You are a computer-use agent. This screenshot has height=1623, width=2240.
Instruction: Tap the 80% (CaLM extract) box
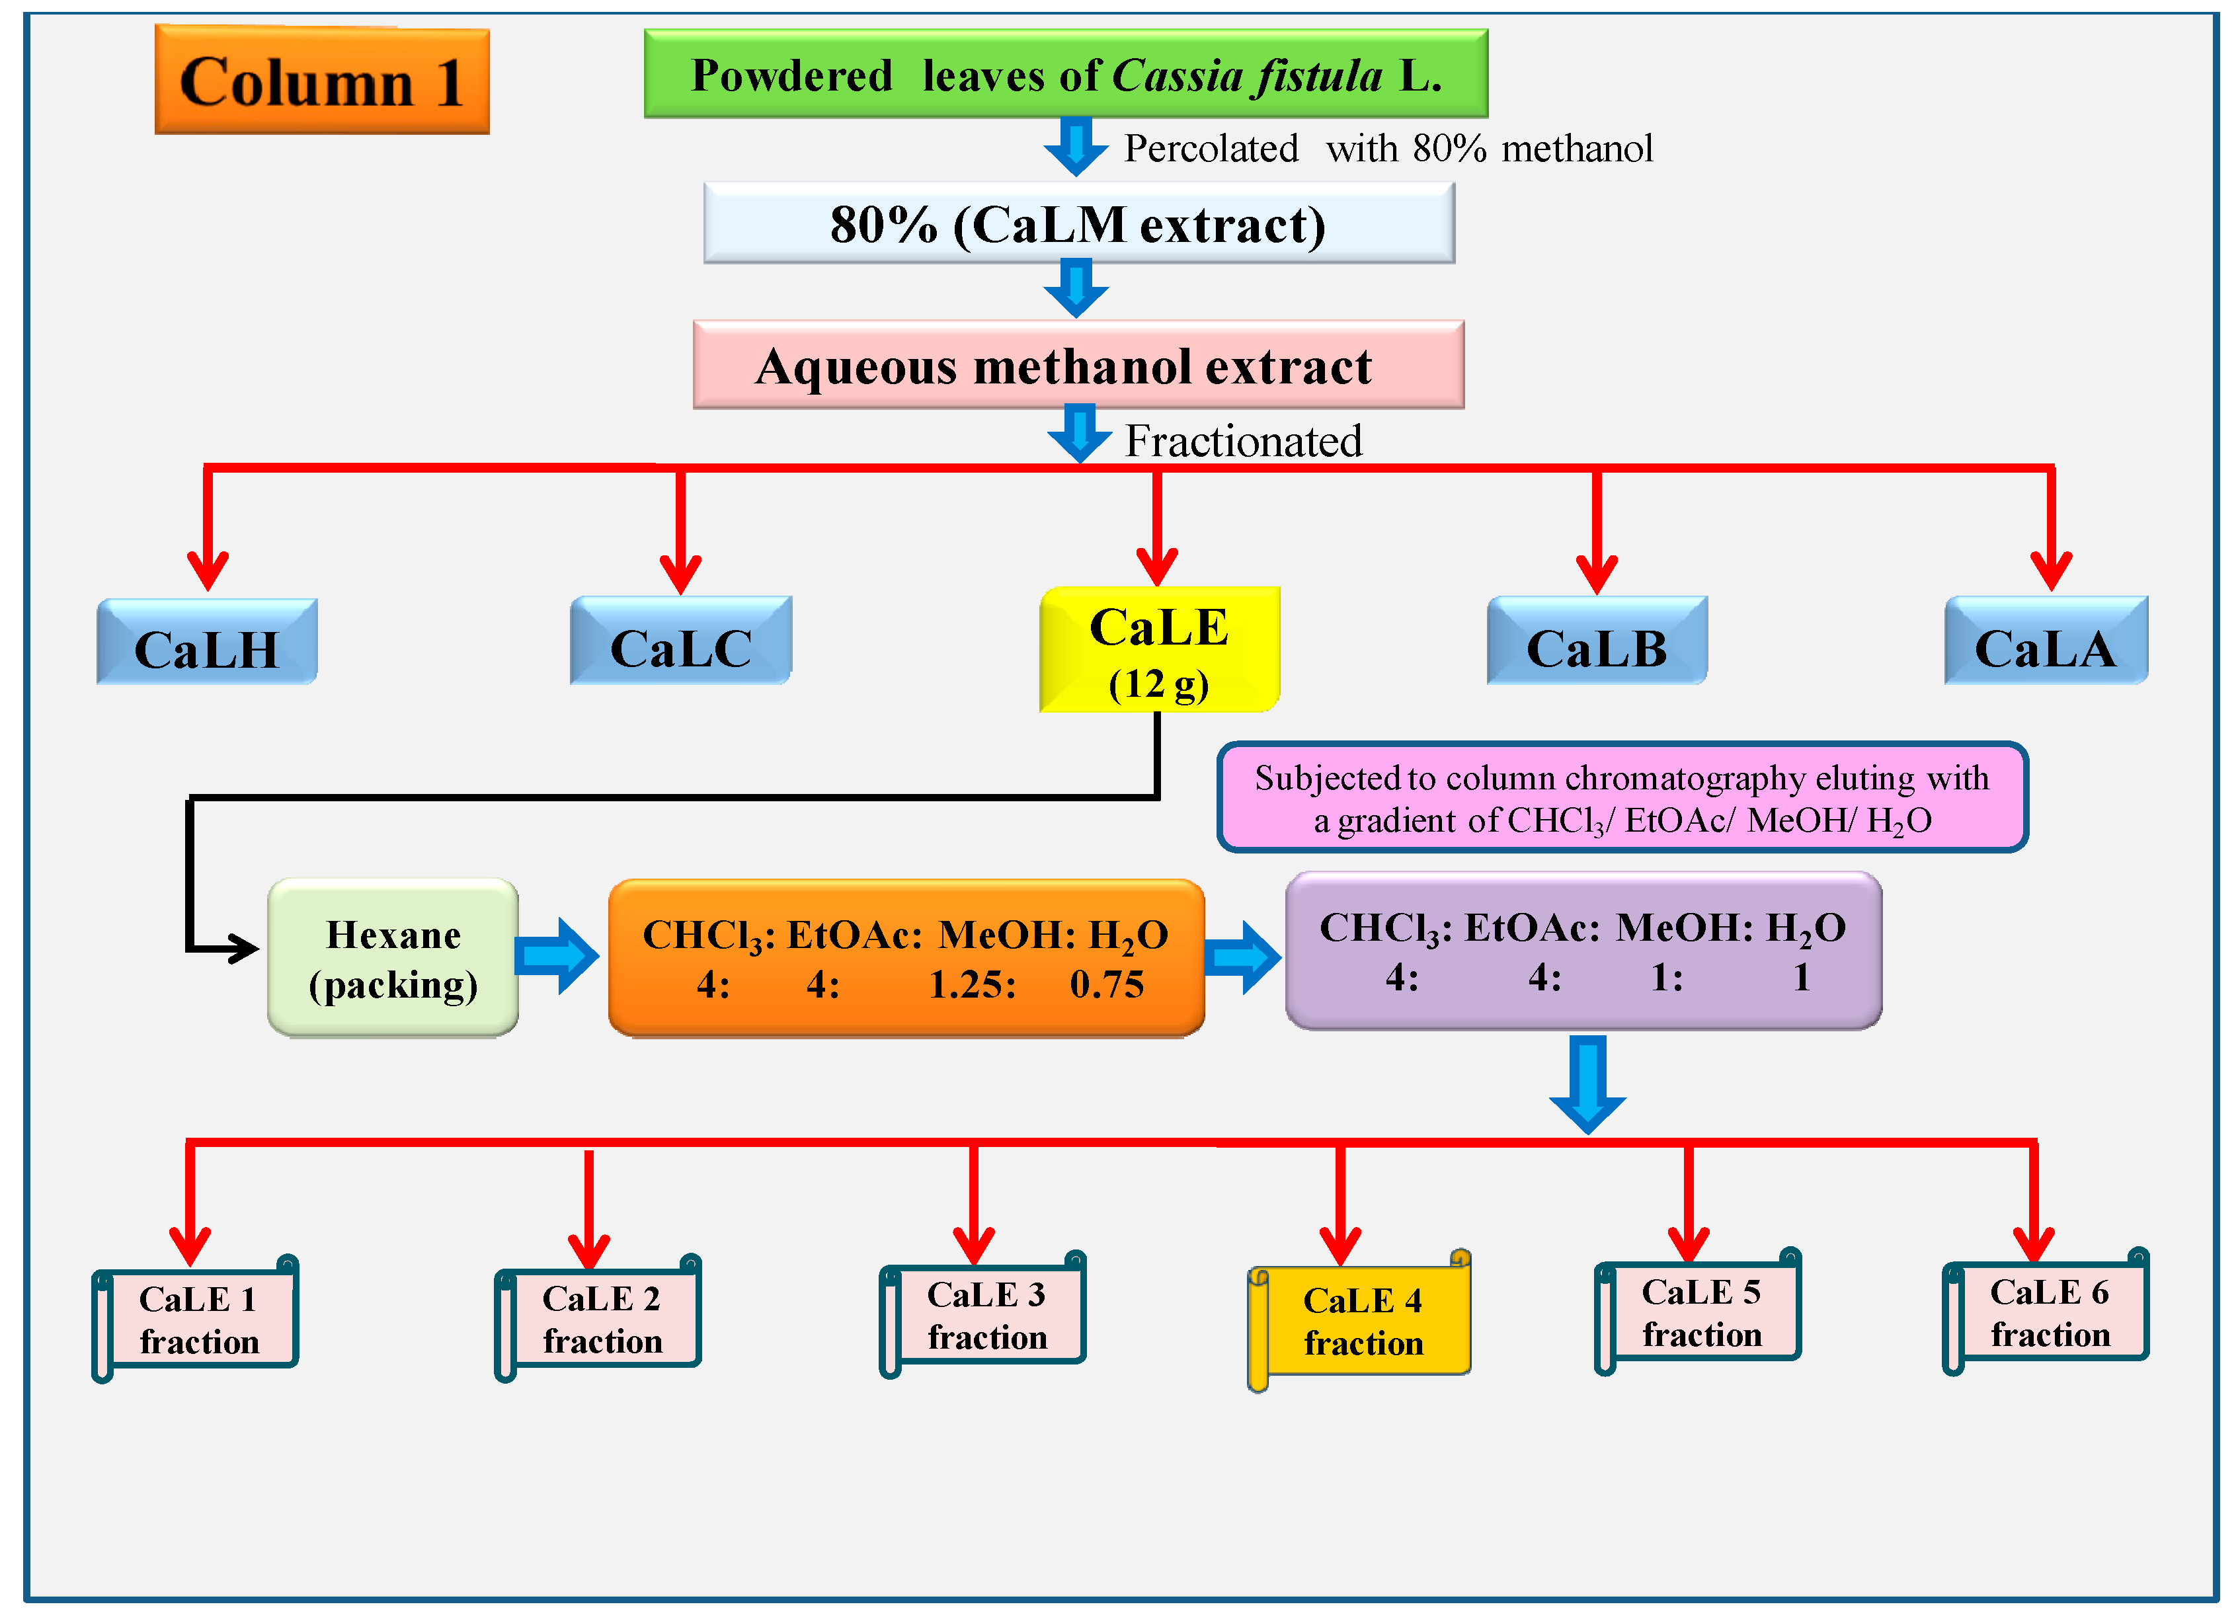tap(1078, 224)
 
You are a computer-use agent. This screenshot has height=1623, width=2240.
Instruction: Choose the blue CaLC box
tap(680, 642)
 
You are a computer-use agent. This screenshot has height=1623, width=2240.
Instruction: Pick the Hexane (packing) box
tap(393, 958)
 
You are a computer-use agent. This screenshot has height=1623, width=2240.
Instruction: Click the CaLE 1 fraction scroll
tap(198, 1319)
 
